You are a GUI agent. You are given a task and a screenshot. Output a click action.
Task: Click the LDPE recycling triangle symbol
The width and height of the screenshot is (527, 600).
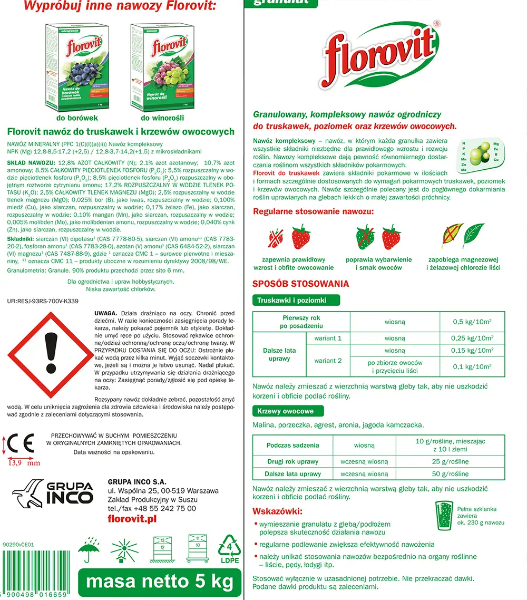(229, 548)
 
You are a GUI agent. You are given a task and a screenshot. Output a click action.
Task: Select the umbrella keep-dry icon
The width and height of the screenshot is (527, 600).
(90, 549)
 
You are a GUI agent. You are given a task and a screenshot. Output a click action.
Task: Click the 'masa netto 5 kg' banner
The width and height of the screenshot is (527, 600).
(159, 582)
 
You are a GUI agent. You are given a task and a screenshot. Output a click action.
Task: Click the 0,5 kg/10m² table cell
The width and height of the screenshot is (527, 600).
(472, 322)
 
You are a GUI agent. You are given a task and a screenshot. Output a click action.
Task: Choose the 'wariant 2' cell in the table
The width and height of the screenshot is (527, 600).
(328, 361)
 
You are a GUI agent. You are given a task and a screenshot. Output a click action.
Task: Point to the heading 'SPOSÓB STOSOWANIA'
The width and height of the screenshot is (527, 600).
(300, 284)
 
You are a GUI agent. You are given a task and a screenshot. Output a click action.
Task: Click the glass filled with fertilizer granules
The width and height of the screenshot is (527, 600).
(445, 516)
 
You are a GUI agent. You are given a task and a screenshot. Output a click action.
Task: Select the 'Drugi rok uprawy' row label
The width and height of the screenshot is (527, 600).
(292, 461)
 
